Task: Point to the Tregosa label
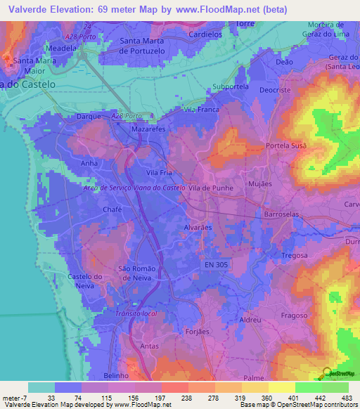coord(296,254)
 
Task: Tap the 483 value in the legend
coord(347,398)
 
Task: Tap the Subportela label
coord(231,87)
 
